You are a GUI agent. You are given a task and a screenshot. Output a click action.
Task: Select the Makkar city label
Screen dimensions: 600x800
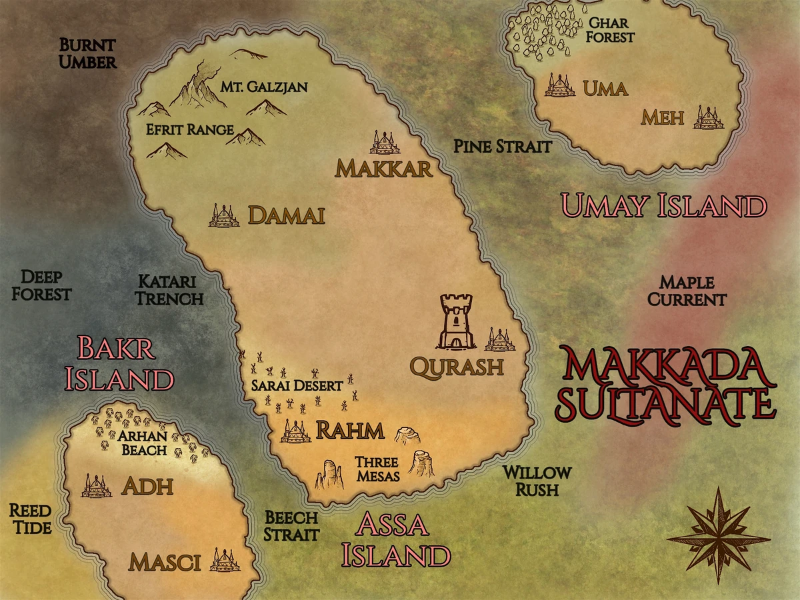pos(383,169)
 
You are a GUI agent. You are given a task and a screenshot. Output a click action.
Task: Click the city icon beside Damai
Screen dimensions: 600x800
pos(224,215)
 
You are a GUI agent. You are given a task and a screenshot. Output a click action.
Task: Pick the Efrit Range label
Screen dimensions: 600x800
pos(190,129)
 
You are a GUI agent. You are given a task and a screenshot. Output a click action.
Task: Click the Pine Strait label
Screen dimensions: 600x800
pos(503,147)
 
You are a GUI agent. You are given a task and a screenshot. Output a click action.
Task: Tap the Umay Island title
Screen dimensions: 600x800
pos(663,206)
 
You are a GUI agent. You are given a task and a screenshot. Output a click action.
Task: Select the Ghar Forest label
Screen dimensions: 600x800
pos(609,30)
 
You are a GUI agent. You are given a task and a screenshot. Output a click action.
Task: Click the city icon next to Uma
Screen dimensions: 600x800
pos(560,85)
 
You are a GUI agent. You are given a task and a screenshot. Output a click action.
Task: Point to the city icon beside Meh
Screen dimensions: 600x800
pos(708,117)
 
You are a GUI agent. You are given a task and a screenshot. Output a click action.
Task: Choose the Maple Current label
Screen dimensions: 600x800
pos(687,291)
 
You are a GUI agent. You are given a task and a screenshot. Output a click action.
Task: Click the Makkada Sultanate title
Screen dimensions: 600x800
pos(667,385)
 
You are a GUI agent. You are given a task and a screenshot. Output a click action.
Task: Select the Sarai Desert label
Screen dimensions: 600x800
pos(297,385)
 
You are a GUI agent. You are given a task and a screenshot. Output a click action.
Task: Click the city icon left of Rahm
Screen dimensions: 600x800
pos(295,431)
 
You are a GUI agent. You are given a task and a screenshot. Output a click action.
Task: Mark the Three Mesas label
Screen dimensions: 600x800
pos(377,469)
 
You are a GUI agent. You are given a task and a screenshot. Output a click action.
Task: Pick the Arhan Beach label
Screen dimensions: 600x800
pos(143,443)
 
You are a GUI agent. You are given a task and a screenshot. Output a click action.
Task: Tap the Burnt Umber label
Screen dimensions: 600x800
pos(88,54)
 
